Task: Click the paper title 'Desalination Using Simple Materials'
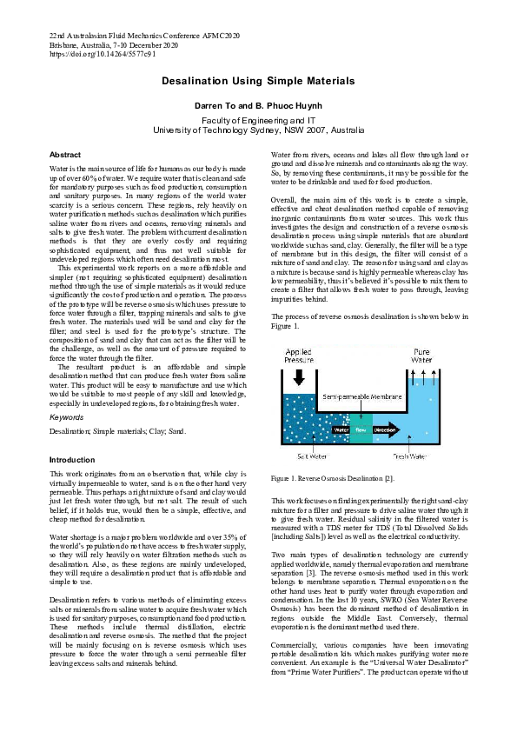point(258,81)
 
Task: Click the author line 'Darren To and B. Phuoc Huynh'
point(258,103)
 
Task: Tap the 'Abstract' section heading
point(65,154)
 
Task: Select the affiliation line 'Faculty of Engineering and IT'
point(258,119)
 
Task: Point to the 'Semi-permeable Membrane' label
point(360,397)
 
